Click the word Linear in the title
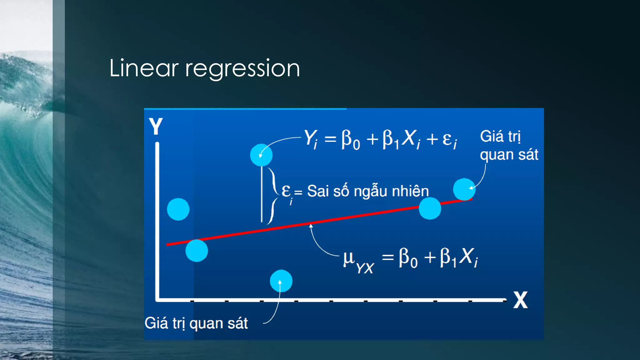coord(144,68)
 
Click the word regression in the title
coord(242,69)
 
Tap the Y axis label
coord(156,126)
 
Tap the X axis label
coord(520,300)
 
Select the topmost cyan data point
coord(261,155)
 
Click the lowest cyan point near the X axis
coord(281,281)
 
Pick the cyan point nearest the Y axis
coord(178,209)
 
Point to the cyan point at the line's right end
coord(464,189)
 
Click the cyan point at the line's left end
coord(197,250)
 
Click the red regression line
coord(344,218)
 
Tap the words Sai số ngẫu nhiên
coord(368,191)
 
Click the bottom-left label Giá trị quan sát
coord(196,323)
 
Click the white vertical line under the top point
coord(262,194)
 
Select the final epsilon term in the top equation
coord(449,139)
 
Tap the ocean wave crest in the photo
coord(22,72)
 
